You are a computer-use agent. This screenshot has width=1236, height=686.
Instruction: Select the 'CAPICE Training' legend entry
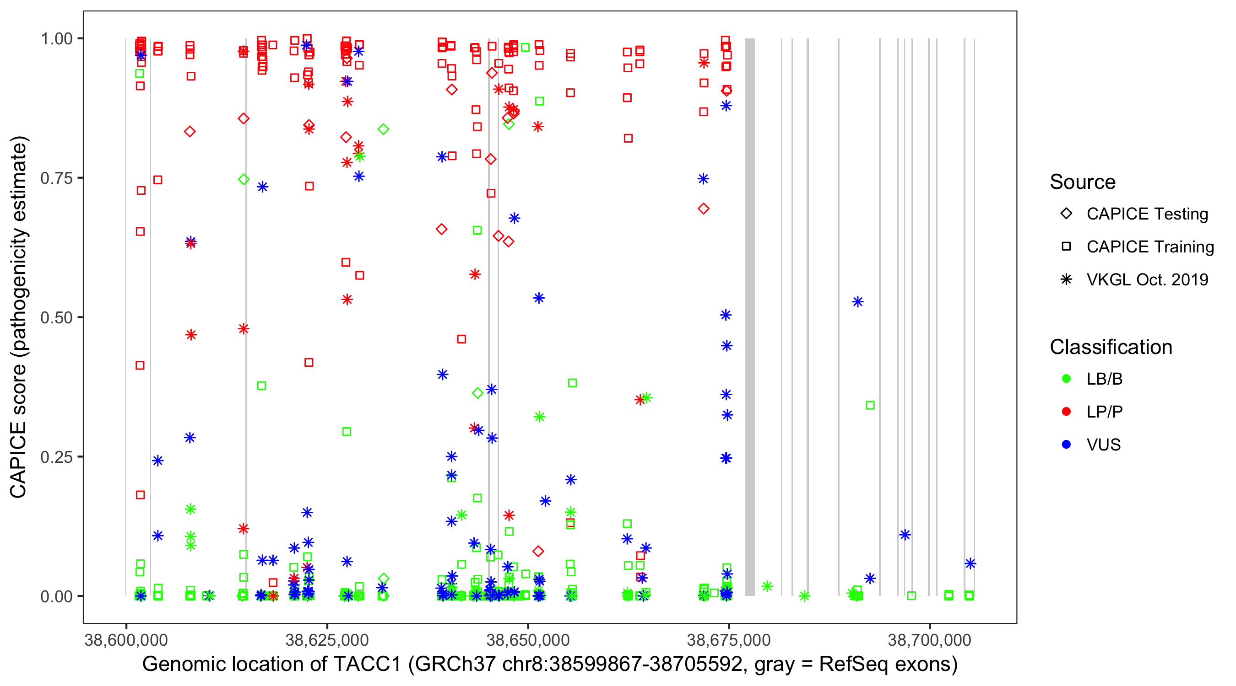pos(1138,247)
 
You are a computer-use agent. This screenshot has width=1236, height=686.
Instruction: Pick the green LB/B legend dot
pos(1067,379)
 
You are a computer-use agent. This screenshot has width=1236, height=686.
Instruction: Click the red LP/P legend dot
pos(1067,412)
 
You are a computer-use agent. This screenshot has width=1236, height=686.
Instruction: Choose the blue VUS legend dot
pos(1067,445)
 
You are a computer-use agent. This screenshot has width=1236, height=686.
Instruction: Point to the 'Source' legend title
pos(1083,182)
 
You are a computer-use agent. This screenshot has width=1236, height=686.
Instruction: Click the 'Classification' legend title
pos(1111,347)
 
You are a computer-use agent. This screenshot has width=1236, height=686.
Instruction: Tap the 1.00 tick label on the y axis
pos(56,38)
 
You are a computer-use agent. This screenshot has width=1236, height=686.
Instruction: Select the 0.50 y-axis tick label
pos(56,317)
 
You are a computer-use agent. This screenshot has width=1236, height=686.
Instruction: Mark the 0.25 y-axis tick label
pos(56,457)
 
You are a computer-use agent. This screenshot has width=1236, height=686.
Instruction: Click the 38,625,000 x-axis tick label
pos(327,640)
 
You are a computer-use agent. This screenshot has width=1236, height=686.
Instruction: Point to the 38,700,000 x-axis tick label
pos(930,640)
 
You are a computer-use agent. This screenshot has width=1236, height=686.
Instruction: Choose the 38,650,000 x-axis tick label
pos(528,640)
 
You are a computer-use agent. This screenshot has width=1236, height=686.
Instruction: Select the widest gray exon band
pos(750,317)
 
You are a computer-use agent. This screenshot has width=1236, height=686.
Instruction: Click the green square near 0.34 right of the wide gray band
pos(870,406)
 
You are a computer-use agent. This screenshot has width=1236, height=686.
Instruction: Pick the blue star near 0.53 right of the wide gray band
pos(857,302)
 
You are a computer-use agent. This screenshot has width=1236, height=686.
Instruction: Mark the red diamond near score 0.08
pos(538,551)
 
